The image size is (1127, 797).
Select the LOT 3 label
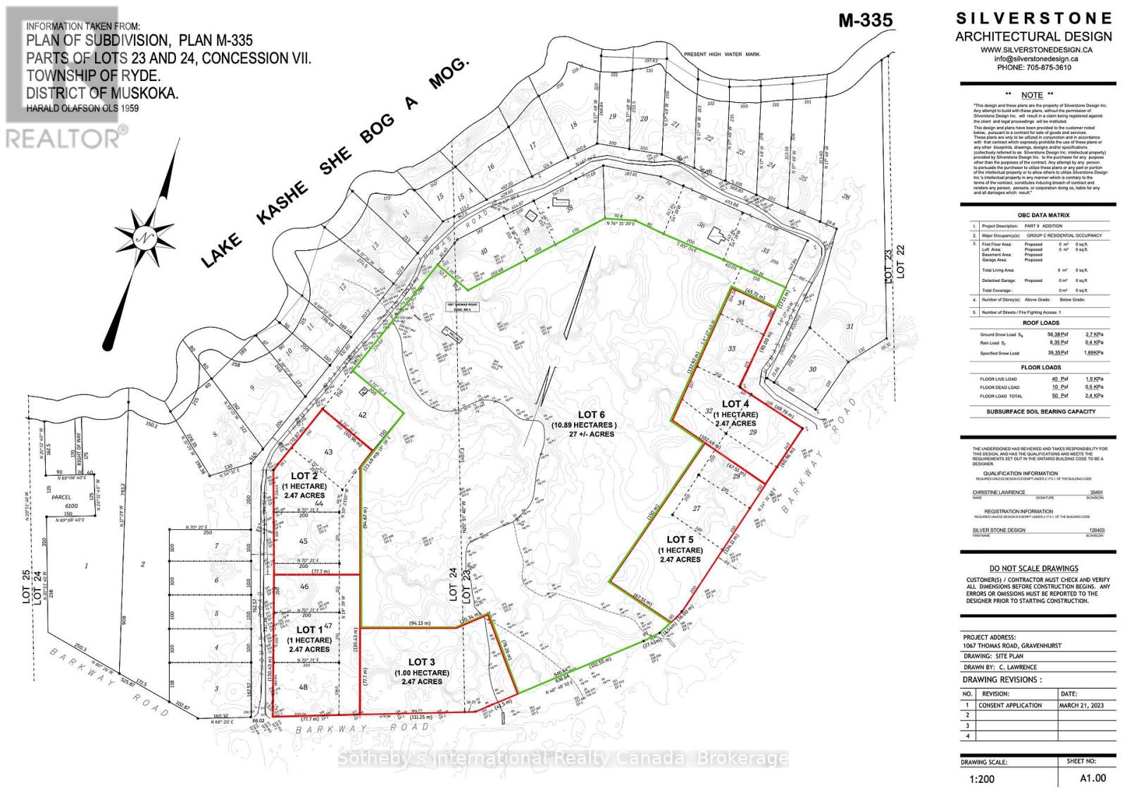[x=422, y=662]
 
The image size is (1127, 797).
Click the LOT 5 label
[x=680, y=540]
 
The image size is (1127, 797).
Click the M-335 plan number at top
[x=865, y=20]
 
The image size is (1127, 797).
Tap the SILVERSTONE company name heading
[x=1034, y=18]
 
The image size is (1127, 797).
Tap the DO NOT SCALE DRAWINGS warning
[x=1033, y=568]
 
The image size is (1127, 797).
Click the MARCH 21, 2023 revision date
[x=1081, y=705]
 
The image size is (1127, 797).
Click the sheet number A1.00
[x=1093, y=778]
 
